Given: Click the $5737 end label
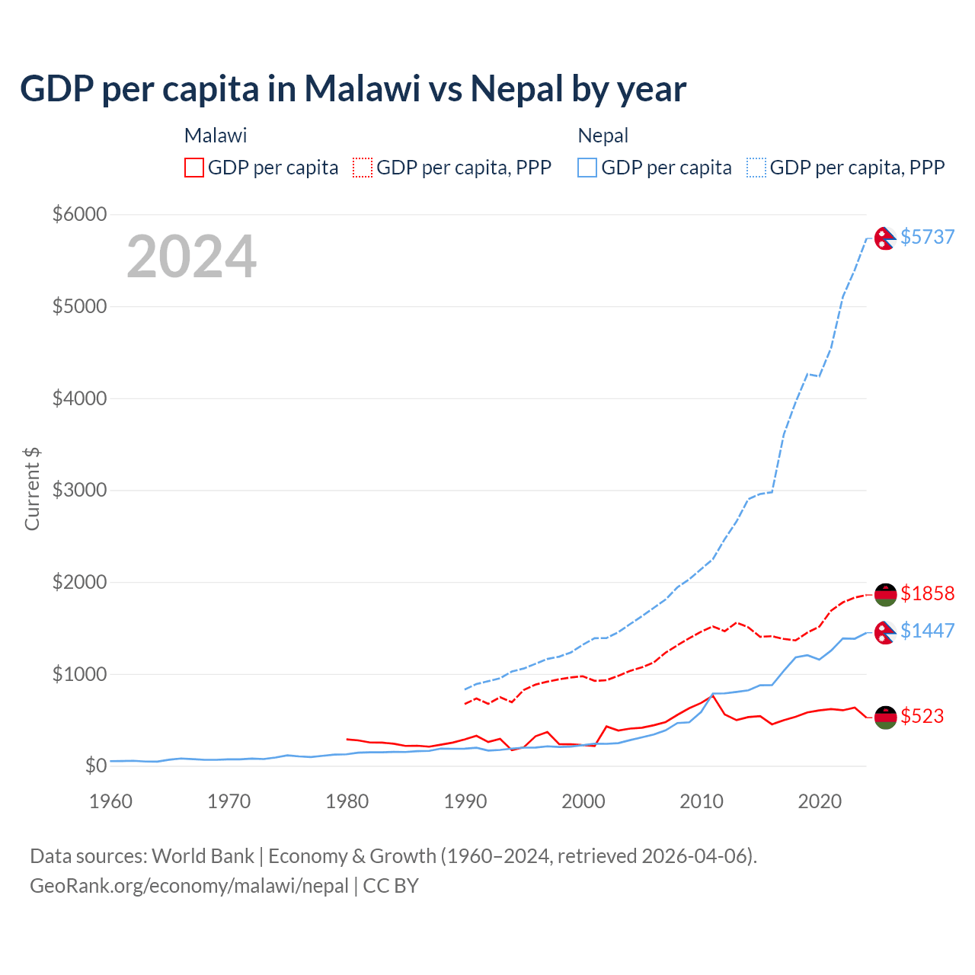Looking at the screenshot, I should [927, 237].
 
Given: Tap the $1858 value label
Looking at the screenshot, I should [927, 593].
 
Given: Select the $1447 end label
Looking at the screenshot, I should [927, 631].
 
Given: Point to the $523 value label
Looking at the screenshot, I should [922, 716].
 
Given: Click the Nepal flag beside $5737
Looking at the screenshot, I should [884, 238].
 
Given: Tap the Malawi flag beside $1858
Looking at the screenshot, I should [885, 594].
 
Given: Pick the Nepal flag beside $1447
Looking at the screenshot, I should [884, 632].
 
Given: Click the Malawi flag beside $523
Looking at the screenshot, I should [885, 717].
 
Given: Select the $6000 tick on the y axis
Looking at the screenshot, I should [79, 214].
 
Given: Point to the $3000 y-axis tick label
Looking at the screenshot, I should [79, 490].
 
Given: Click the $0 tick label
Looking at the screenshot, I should [95, 766].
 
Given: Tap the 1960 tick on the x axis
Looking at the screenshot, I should [111, 801].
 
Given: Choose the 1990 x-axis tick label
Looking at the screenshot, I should [465, 801].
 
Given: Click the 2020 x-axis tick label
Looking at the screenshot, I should [820, 801].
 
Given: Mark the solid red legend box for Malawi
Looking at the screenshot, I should [194, 168].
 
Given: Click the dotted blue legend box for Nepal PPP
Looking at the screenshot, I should [756, 168].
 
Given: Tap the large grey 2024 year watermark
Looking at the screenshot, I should [191, 257].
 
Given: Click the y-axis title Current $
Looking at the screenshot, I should [32, 489].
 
